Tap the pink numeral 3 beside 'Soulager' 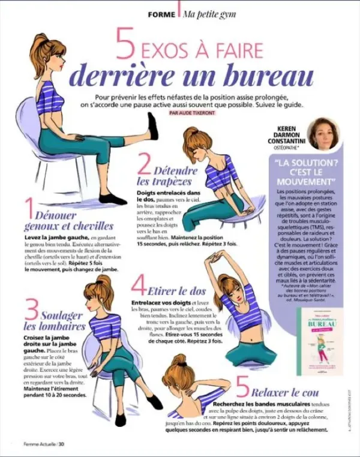coord(31,312)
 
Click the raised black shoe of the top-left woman coord(153,126)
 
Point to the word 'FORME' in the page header coord(161,13)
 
